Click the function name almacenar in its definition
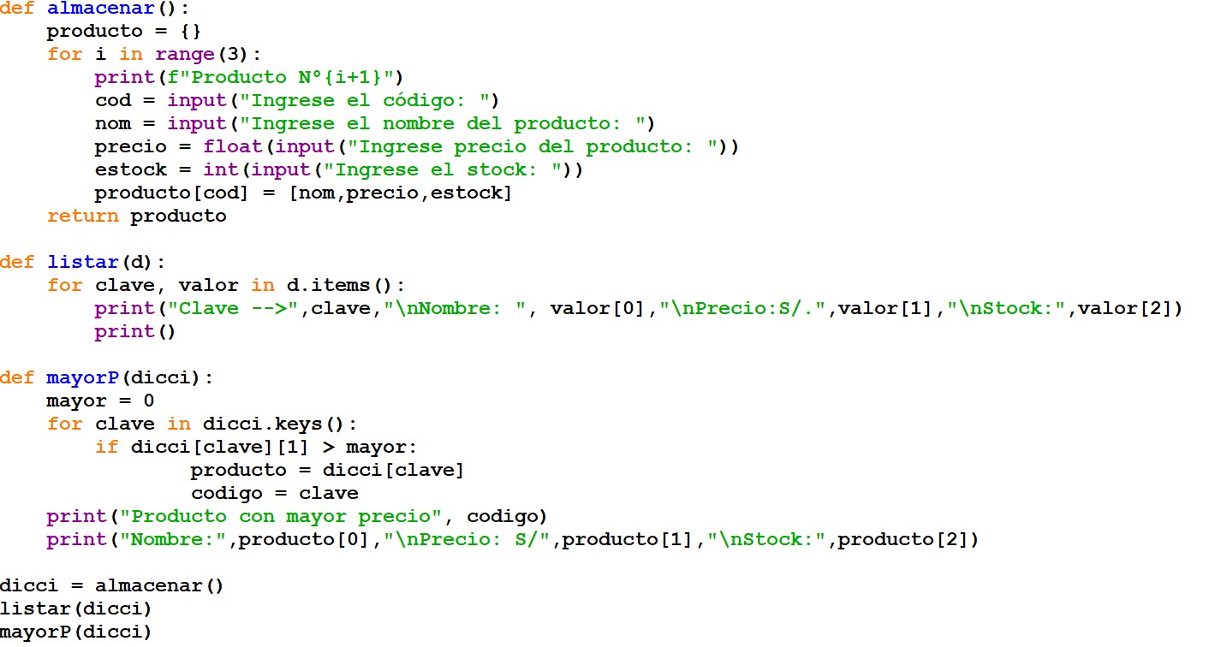pyautogui.click(x=100, y=8)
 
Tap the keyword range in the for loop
pyautogui.click(x=185, y=54)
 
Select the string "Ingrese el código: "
pyautogui.click(x=369, y=100)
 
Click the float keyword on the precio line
pyautogui.click(x=233, y=146)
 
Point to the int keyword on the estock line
pyautogui.click(x=221, y=169)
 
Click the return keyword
pyautogui.click(x=82, y=216)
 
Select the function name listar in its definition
pyautogui.click(x=82, y=262)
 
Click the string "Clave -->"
pyautogui.click(x=233, y=308)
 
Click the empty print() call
pyautogui.click(x=135, y=331)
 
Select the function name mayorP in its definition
pyautogui.click(x=82, y=377)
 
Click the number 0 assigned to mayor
pyautogui.click(x=149, y=401)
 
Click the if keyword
pyautogui.click(x=106, y=447)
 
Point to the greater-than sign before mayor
pyautogui.click(x=328, y=448)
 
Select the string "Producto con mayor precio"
pyautogui.click(x=281, y=516)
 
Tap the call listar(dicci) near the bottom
pyautogui.click(x=75, y=608)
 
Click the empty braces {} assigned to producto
pyautogui.click(x=191, y=32)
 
